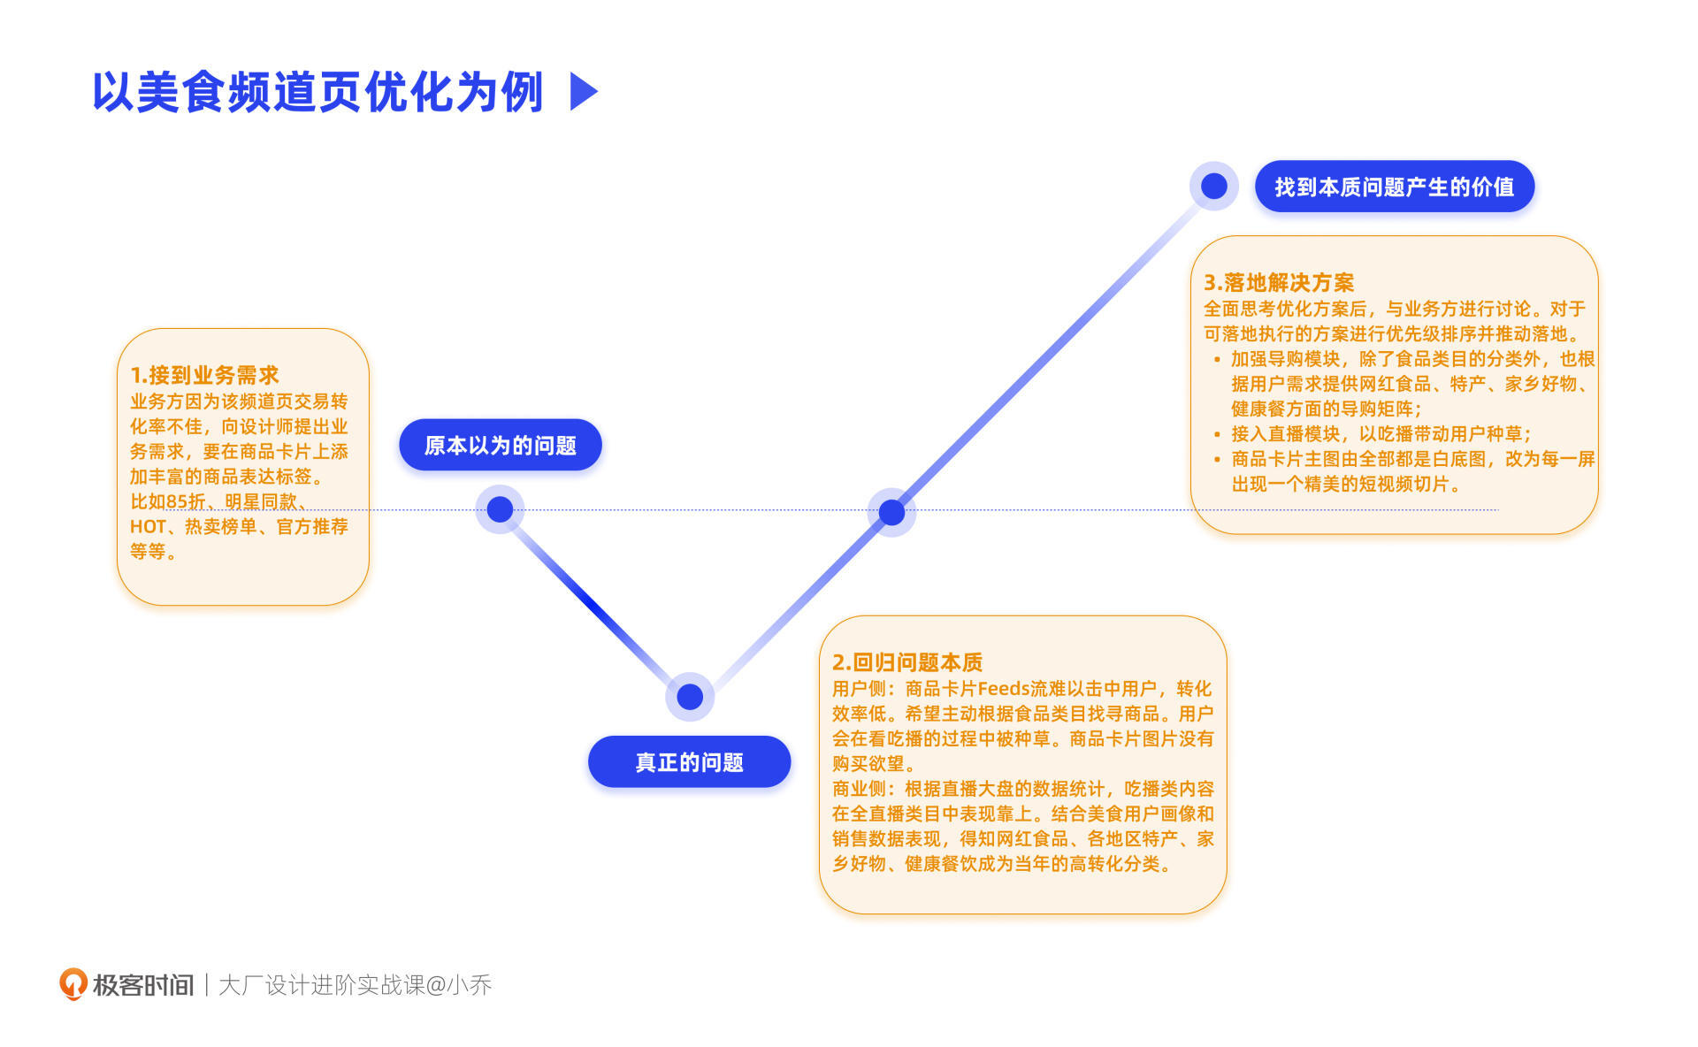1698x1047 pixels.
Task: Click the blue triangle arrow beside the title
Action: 584,91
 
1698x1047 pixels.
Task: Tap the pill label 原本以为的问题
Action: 501,445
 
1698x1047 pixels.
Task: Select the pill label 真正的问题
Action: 689,761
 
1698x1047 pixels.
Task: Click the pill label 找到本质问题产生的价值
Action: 1394,187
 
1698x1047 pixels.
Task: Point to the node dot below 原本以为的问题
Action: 500,509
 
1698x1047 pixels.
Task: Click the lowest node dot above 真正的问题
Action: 690,697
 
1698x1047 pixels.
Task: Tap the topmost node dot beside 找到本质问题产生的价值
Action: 1213,186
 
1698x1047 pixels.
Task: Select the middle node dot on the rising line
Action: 891,512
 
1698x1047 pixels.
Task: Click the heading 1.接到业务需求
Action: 204,375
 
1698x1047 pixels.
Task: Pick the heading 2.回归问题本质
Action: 906,662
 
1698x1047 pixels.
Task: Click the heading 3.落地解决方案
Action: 1278,283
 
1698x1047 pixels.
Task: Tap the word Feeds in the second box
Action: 1003,689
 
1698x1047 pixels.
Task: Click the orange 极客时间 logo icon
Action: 73,983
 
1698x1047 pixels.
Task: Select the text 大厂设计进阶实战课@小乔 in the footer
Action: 355,985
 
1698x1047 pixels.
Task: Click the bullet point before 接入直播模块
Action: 1217,434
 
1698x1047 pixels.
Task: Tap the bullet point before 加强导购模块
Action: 1217,359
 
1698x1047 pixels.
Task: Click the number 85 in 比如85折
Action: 176,502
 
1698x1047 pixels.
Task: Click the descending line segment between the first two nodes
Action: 594,603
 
